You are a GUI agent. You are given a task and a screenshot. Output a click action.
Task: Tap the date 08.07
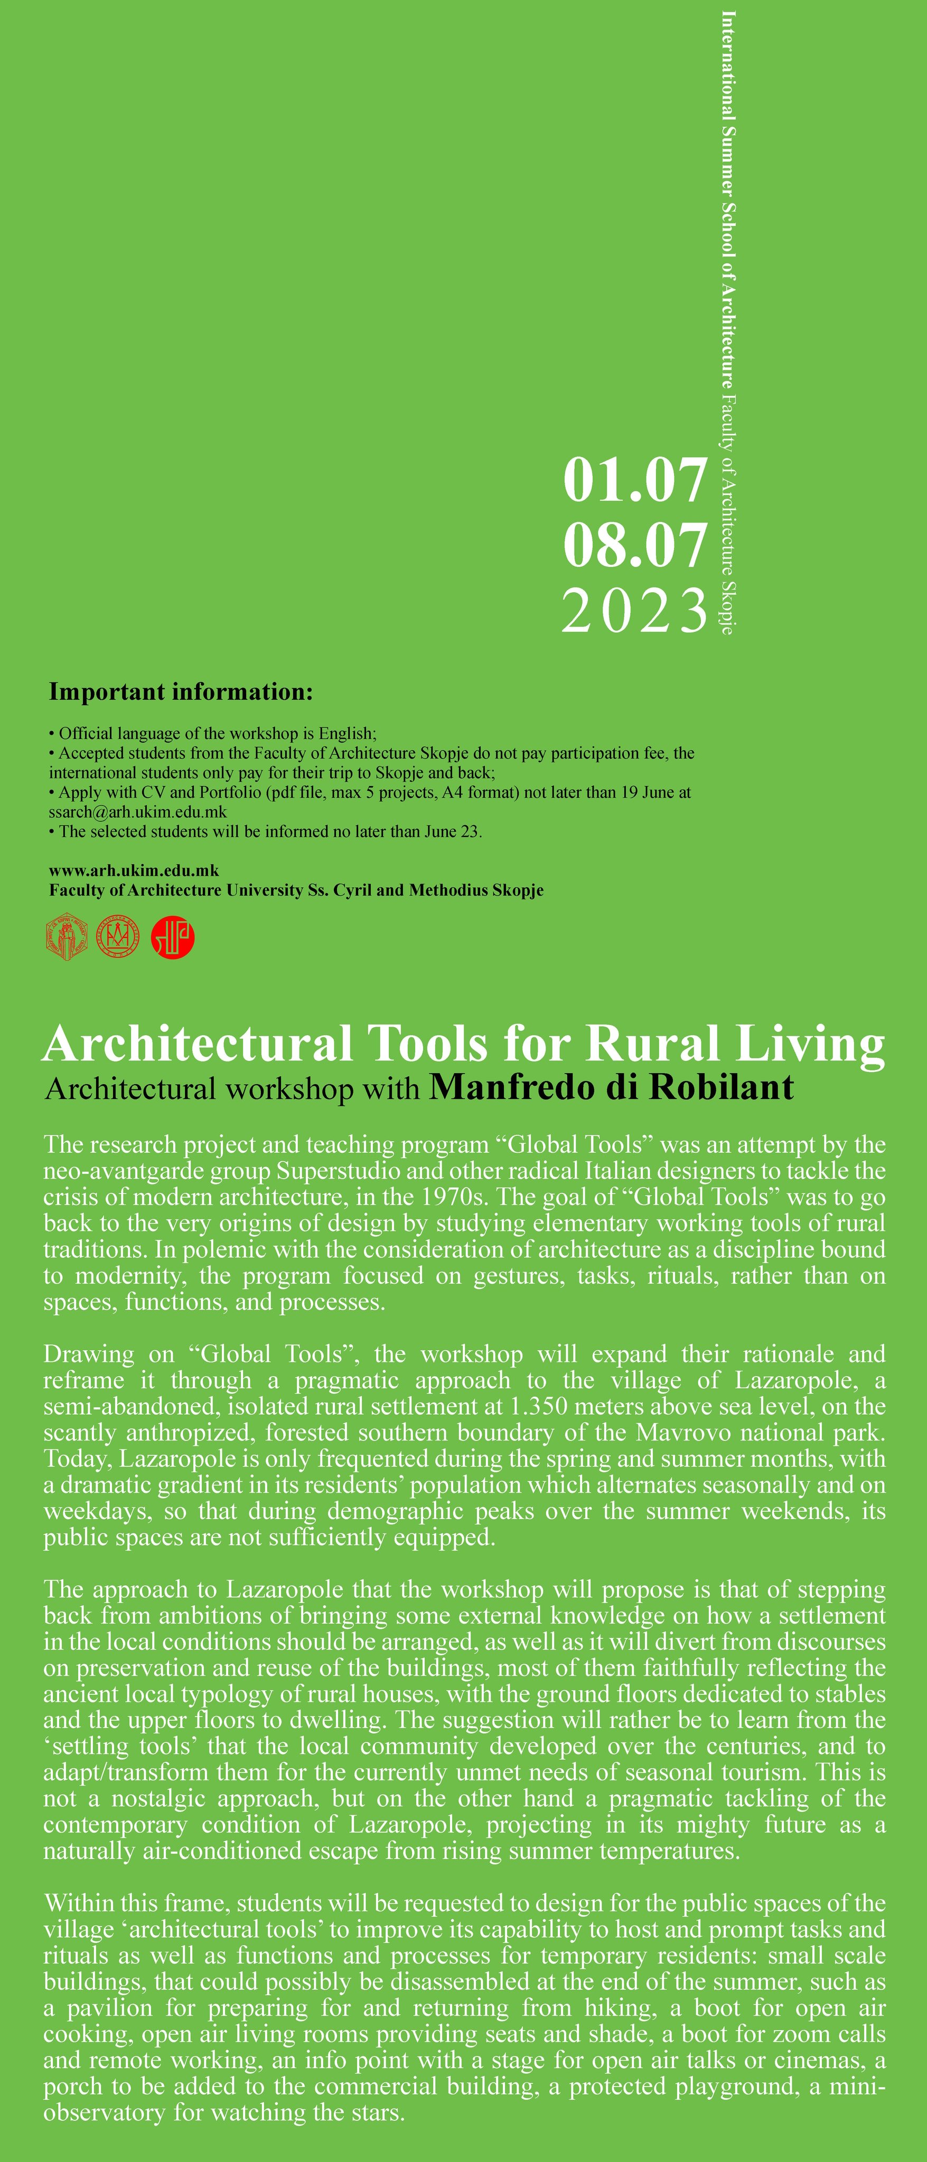[635, 546]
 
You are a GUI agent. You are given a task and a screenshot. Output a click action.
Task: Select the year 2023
[635, 611]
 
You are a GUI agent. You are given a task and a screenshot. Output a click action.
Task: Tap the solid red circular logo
[173, 938]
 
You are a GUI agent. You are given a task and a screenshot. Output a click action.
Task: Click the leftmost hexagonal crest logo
[67, 938]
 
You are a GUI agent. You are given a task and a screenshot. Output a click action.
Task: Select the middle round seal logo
[118, 938]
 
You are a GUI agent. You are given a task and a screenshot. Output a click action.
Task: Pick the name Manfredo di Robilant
[611, 1088]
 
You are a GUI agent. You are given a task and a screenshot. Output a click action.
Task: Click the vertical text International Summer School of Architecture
[728, 197]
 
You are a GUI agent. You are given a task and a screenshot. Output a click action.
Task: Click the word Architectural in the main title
[198, 1044]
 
